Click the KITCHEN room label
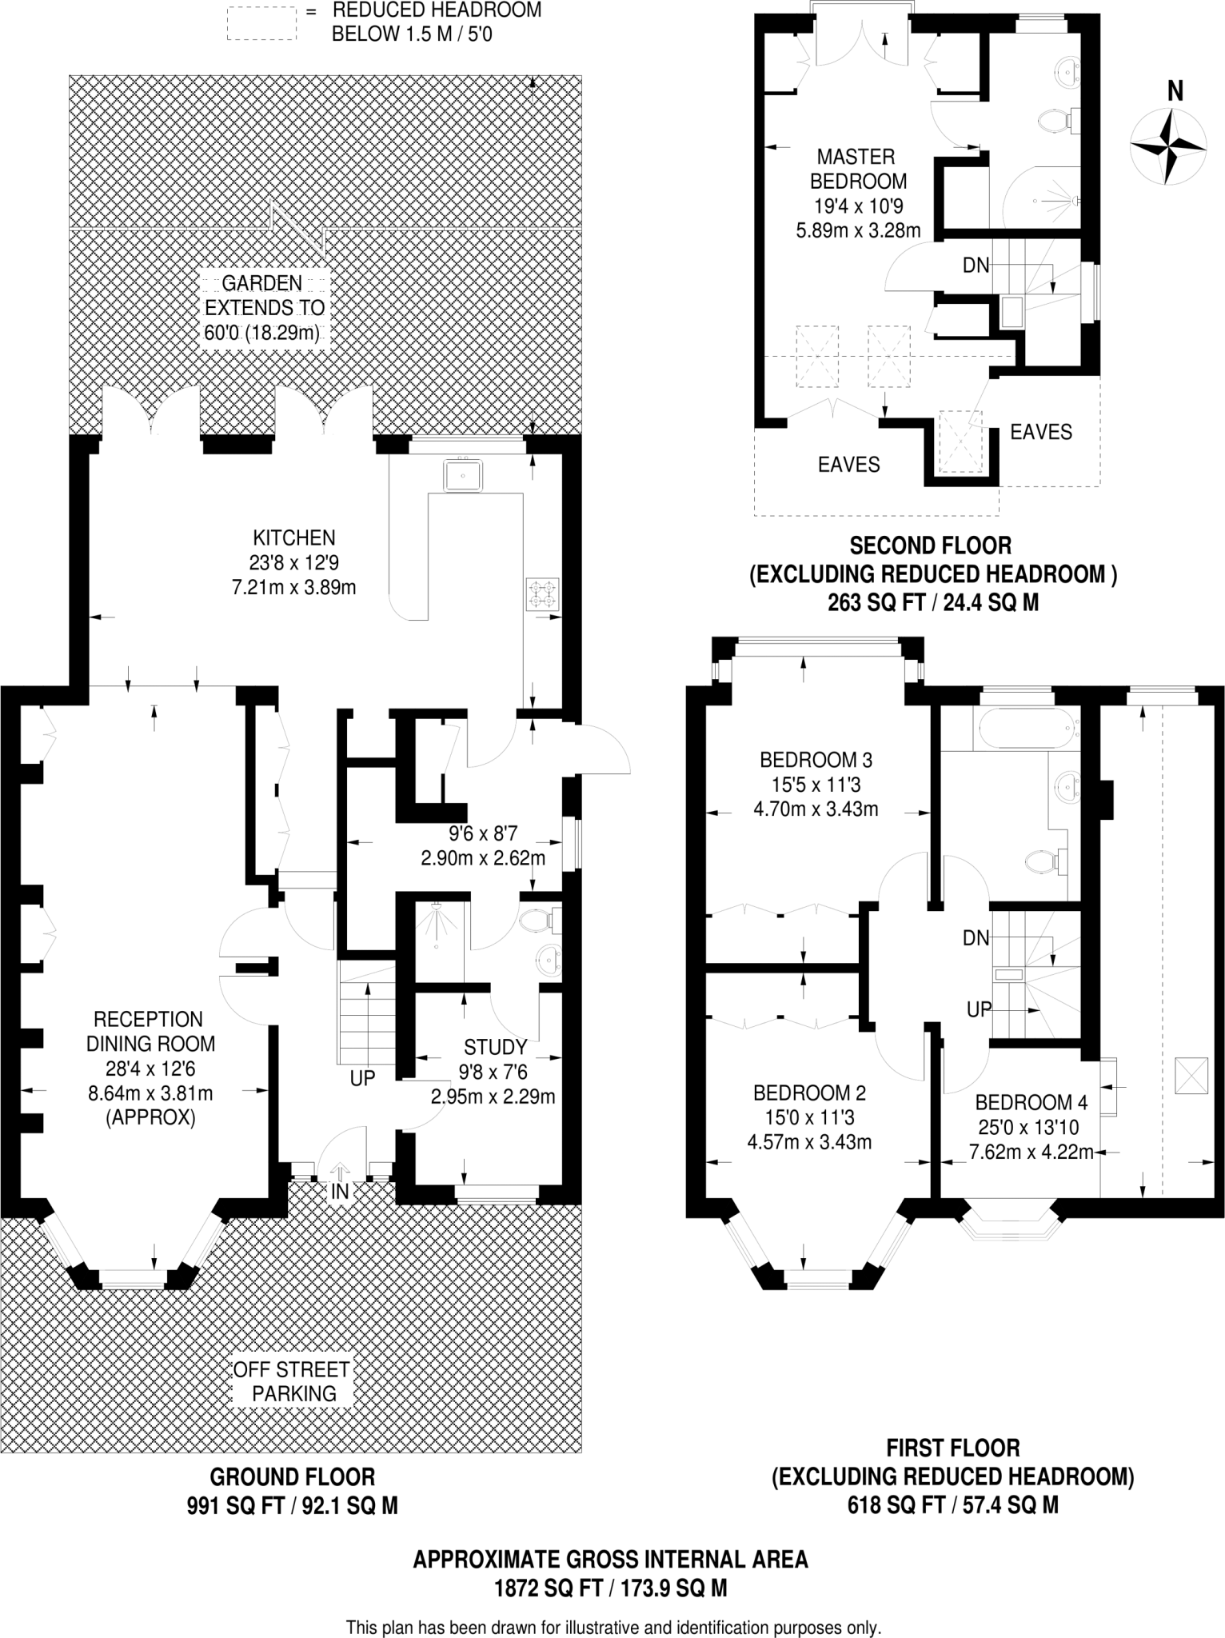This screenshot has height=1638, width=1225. [x=294, y=537]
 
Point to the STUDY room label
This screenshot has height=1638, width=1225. [x=495, y=1047]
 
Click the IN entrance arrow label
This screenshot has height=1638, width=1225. [x=340, y=1191]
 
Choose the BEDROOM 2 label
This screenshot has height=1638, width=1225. [x=809, y=1093]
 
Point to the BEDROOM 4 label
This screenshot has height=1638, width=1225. [x=1031, y=1103]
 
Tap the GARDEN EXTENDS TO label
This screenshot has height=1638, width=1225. [x=265, y=295]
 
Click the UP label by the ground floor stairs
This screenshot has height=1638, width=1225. [x=362, y=1078]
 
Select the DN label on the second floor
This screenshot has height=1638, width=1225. [x=976, y=265]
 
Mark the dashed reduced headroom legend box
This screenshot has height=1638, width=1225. [x=261, y=23]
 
